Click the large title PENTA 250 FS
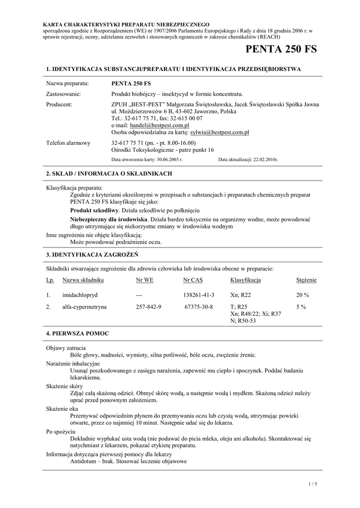[x=281, y=50]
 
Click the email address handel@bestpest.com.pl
[x=159, y=126]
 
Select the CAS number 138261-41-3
[x=199, y=295]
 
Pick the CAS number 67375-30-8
[x=199, y=307]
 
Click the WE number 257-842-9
[x=148, y=307]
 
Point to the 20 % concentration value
[x=302, y=295]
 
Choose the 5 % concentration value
[x=301, y=307]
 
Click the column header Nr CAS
[x=193, y=280]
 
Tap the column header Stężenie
[x=306, y=280]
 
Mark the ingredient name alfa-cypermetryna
[x=84, y=307]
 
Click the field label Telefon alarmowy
[x=68, y=143]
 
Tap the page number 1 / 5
[x=312, y=483]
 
